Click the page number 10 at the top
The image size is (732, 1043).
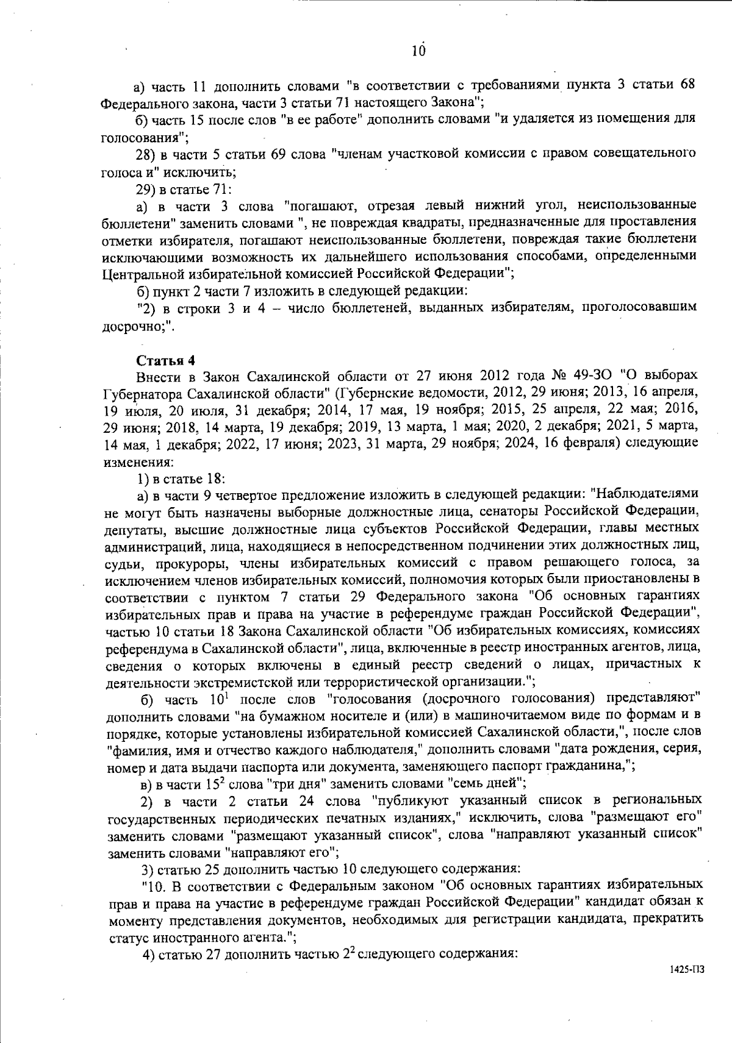point(418,51)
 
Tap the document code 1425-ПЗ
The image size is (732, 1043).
point(686,969)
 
